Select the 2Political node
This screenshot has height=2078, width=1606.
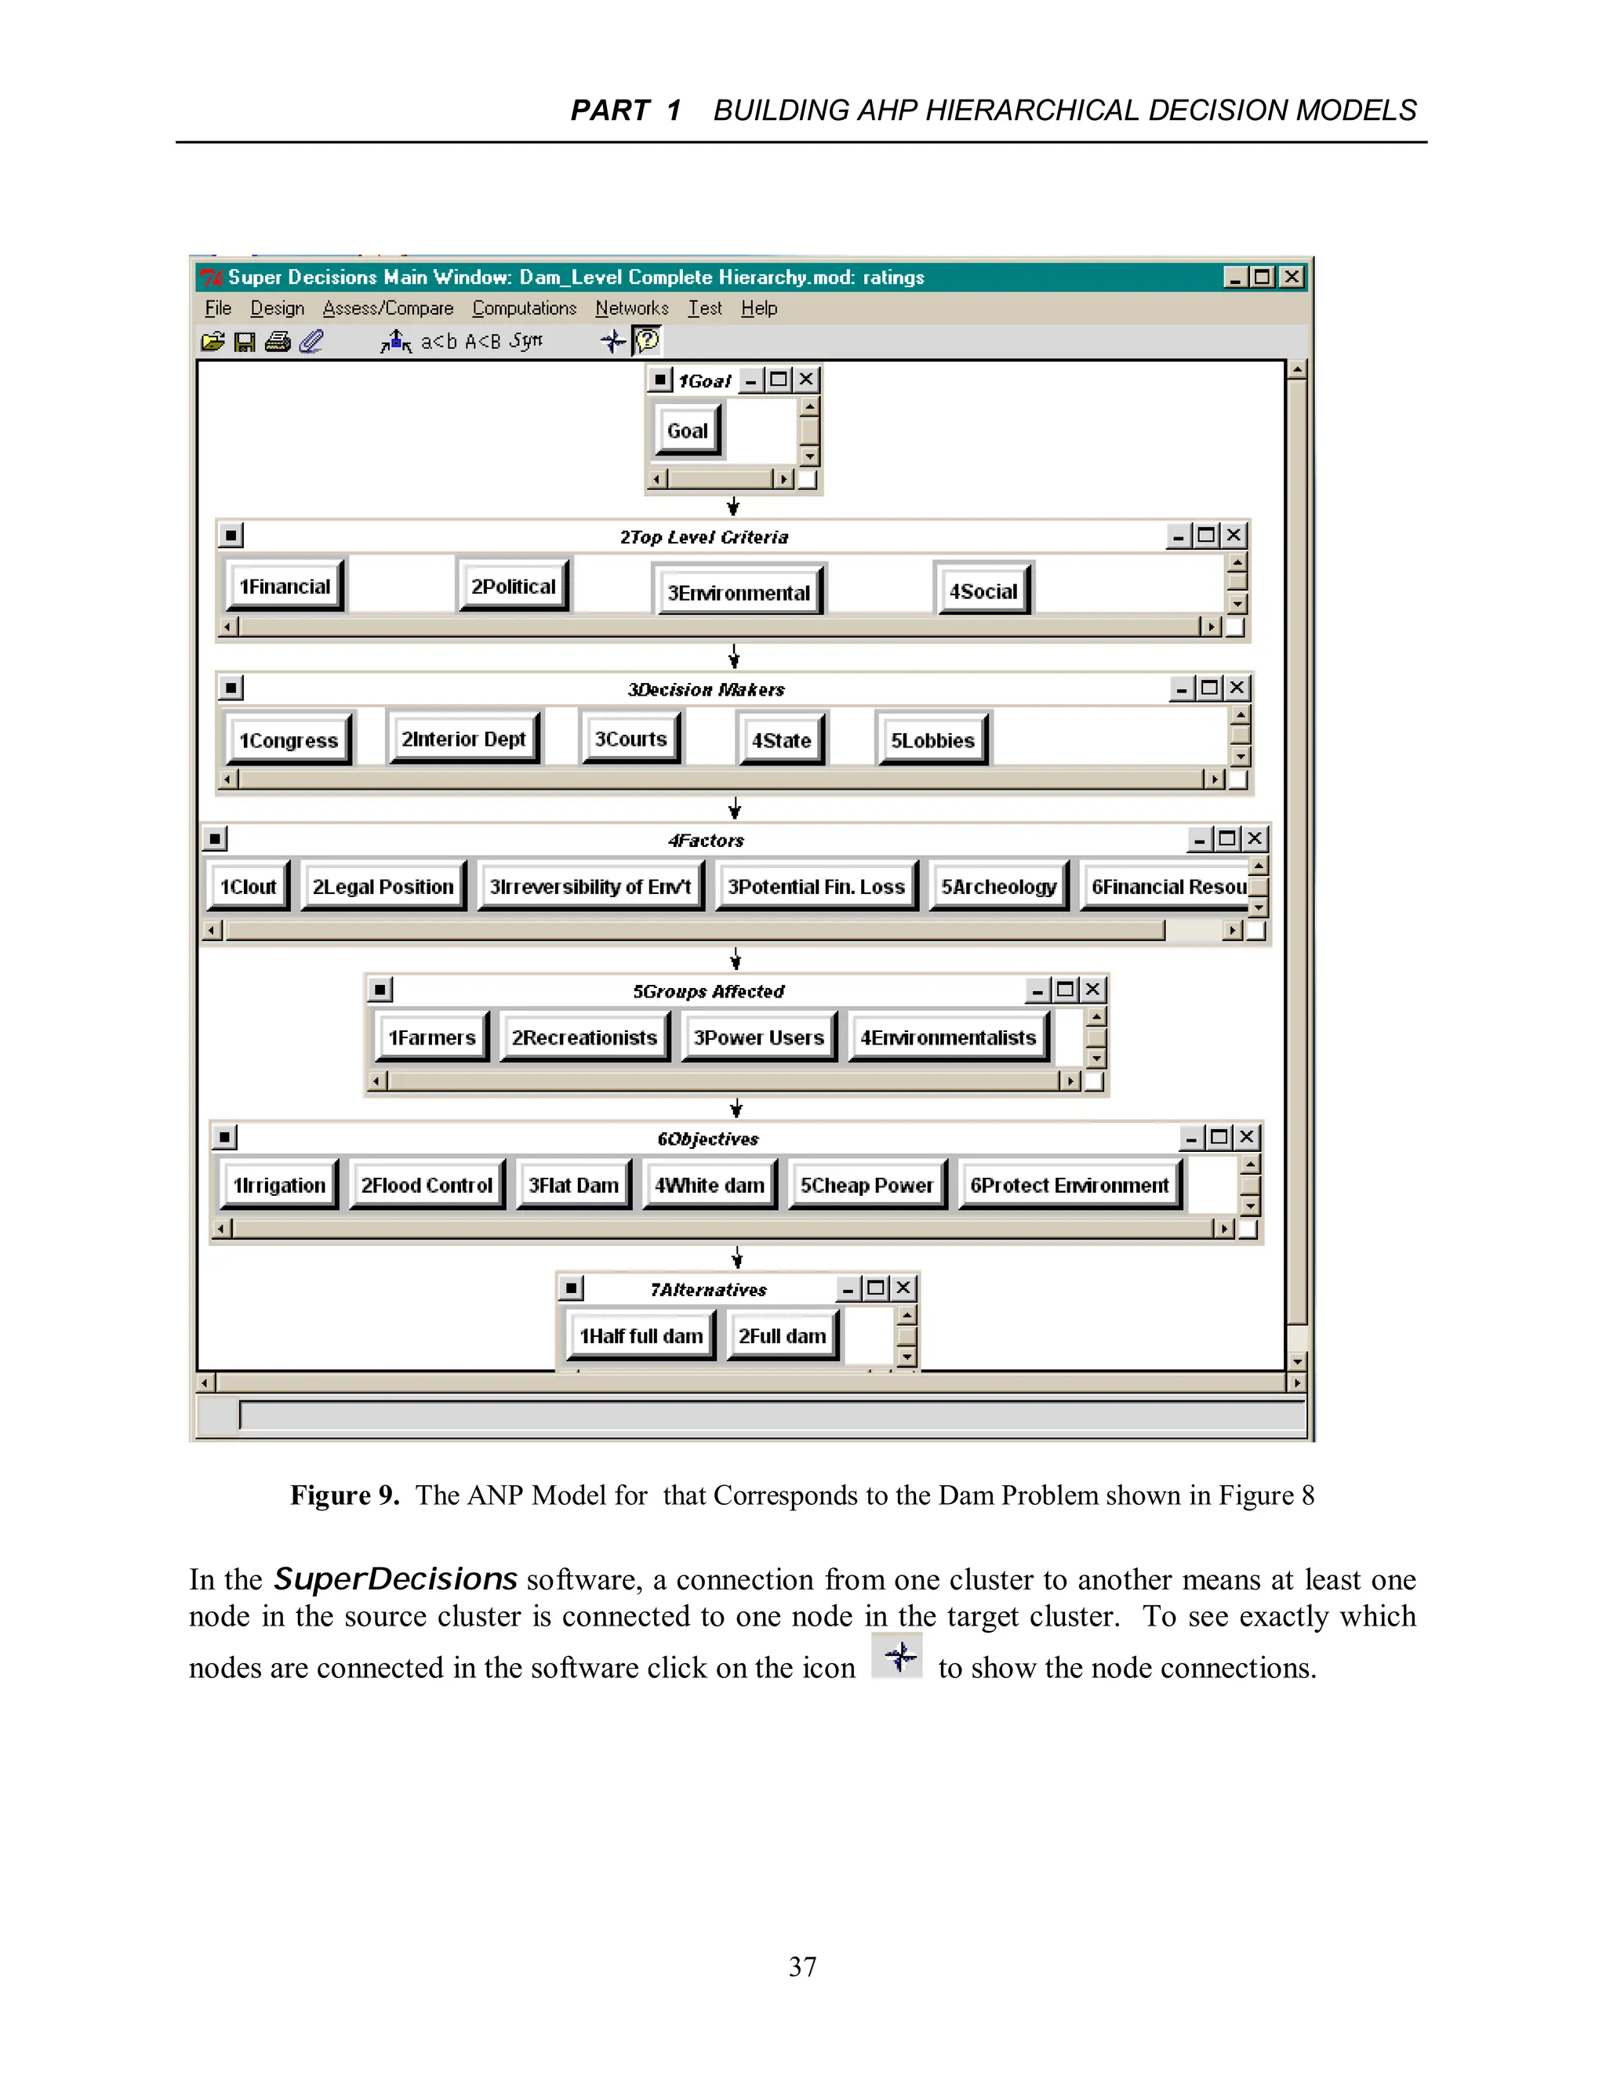click(513, 586)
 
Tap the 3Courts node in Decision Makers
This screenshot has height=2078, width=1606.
click(630, 739)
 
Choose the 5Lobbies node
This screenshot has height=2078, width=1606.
click(932, 740)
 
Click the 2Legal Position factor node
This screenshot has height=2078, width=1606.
click(383, 887)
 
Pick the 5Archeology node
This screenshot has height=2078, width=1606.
click(999, 887)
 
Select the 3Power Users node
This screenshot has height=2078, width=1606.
click(758, 1037)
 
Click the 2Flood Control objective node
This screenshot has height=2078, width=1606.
click(427, 1186)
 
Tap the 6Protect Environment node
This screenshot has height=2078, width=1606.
click(1070, 1186)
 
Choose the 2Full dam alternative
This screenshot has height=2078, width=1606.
click(782, 1336)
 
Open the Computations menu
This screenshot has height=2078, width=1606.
click(525, 308)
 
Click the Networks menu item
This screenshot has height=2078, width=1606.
click(632, 308)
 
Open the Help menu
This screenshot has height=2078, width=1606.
click(759, 308)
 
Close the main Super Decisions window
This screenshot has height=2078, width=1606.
click(1291, 277)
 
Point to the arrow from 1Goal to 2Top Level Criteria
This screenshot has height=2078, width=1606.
click(732, 507)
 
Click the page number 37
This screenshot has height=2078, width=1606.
click(802, 1967)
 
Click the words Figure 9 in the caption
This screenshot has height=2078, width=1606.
click(344, 1495)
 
